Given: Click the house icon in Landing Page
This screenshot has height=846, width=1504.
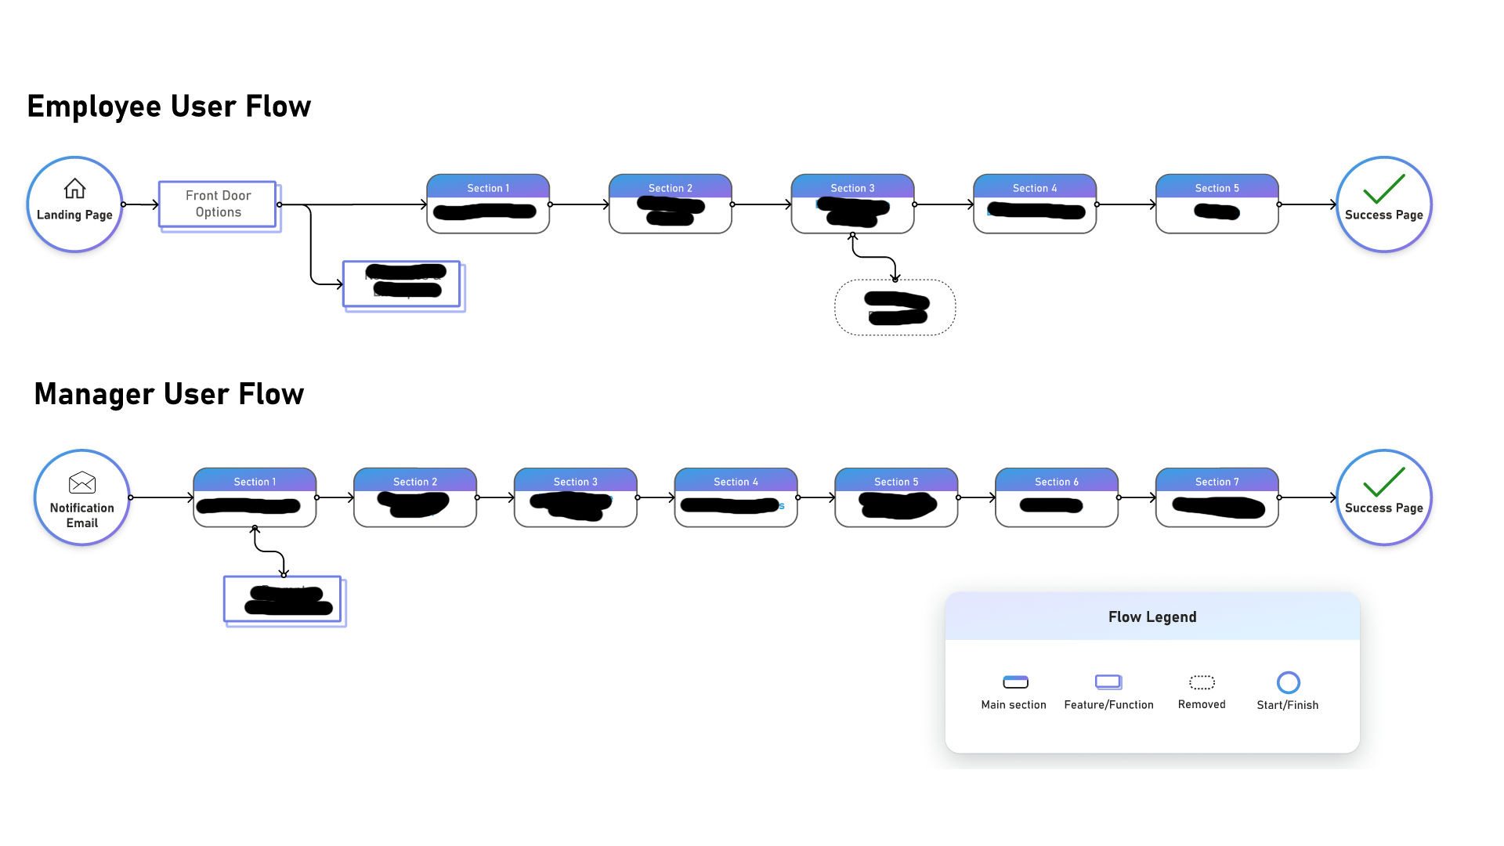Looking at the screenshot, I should [74, 189].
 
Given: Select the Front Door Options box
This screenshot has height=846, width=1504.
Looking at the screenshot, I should [218, 204].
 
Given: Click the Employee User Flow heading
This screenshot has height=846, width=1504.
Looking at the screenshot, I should [169, 107].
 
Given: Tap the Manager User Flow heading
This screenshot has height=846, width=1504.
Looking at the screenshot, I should [169, 394].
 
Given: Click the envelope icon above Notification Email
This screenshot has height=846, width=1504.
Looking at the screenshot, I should [82, 483].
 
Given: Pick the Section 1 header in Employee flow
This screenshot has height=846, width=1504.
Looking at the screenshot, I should [488, 188].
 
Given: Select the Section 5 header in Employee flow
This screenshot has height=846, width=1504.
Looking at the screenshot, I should [1217, 188].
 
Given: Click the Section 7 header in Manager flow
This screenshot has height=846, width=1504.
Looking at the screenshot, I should [1217, 482].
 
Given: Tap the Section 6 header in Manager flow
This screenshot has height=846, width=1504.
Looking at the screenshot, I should [1056, 482].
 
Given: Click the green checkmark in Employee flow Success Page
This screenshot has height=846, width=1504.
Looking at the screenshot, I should [1383, 189].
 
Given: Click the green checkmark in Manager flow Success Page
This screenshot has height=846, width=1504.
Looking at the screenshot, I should [1383, 482].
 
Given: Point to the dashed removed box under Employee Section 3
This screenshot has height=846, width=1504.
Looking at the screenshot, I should [895, 308].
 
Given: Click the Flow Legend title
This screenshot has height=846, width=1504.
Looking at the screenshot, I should [1152, 617].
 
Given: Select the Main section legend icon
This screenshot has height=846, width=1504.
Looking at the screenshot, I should [1015, 682].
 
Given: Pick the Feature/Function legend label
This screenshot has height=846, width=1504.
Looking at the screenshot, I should [1108, 705].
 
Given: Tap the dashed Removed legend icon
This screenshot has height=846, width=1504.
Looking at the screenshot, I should [1202, 682].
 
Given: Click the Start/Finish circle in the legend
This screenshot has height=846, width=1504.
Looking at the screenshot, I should [1288, 682].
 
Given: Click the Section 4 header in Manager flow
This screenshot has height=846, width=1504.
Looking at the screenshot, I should [736, 482].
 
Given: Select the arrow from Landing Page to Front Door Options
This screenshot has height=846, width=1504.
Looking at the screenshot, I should [141, 204].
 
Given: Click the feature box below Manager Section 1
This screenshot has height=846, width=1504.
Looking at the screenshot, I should [283, 600].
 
